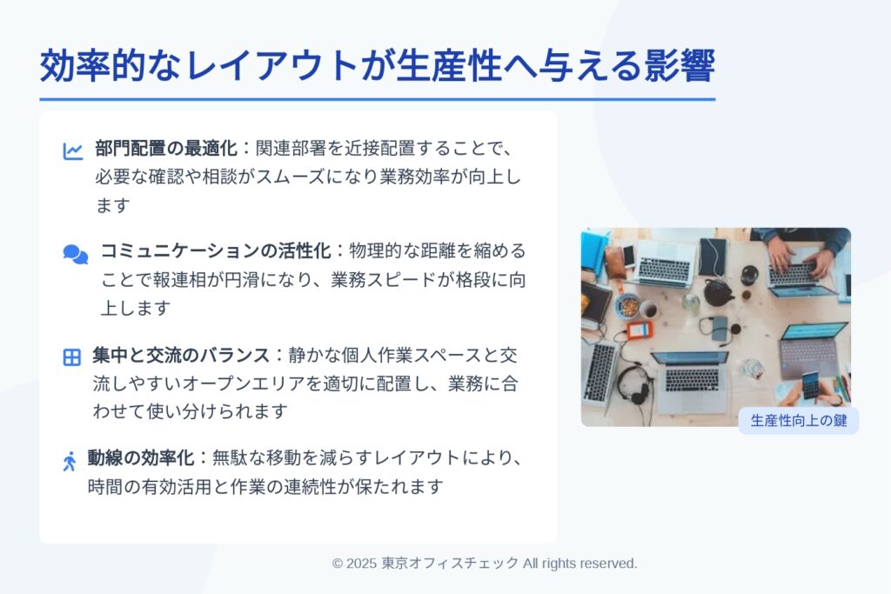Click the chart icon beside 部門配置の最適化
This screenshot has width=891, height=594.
[x=73, y=151]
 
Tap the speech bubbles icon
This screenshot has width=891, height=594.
[x=76, y=255]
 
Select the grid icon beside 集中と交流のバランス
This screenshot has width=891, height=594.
[x=71, y=357]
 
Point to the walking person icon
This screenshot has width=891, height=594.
[x=70, y=461]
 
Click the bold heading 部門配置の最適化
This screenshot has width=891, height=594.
[x=166, y=148]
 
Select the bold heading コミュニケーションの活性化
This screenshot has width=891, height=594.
[x=216, y=250]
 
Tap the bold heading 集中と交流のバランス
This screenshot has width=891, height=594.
[x=181, y=355]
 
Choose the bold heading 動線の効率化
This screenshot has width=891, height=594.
[x=140, y=457]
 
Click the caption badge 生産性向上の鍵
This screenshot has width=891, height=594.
[x=799, y=421]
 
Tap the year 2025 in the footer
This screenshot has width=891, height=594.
[x=361, y=564]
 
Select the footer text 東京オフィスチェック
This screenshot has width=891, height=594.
[x=450, y=564]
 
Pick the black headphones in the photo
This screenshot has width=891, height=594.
[x=634, y=384]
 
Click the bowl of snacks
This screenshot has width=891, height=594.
[x=628, y=307]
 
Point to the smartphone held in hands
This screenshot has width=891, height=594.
[x=811, y=386]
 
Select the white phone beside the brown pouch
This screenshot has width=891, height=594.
[x=628, y=256]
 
